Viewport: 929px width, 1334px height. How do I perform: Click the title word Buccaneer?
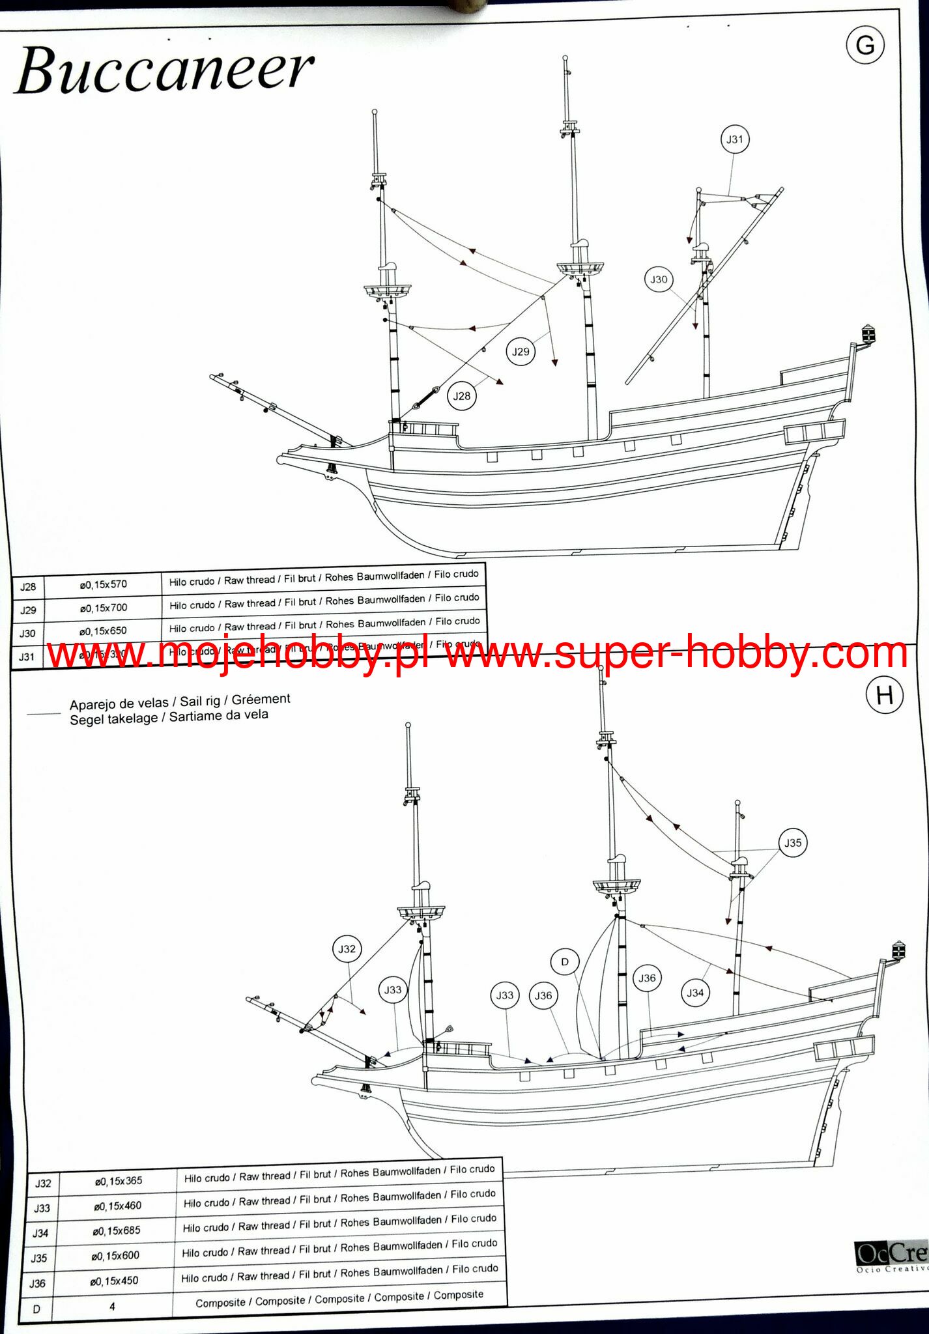[164, 70]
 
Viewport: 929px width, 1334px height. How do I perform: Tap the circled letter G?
[865, 46]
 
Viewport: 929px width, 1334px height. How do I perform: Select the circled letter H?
[884, 696]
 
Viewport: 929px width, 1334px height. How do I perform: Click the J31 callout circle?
[734, 139]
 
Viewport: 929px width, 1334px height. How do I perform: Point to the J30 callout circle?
[659, 279]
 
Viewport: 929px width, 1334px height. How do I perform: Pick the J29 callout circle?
[521, 352]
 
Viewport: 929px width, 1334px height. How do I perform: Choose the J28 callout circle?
[461, 396]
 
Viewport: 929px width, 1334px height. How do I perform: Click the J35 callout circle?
[792, 843]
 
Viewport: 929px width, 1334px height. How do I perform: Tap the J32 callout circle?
[347, 949]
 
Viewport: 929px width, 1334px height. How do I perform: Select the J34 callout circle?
[695, 993]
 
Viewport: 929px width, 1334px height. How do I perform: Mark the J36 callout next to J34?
[647, 978]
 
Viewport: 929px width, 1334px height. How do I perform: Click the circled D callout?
[564, 962]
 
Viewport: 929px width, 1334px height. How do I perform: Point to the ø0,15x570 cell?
[103, 585]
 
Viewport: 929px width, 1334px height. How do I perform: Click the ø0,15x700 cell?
[103, 608]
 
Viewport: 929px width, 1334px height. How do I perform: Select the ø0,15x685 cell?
[117, 1231]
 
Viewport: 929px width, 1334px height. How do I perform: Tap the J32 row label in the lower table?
[42, 1184]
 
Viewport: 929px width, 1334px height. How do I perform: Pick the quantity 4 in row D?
[112, 1307]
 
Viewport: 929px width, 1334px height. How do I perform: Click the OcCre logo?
[891, 1253]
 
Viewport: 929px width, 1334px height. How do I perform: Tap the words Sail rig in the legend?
[200, 702]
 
